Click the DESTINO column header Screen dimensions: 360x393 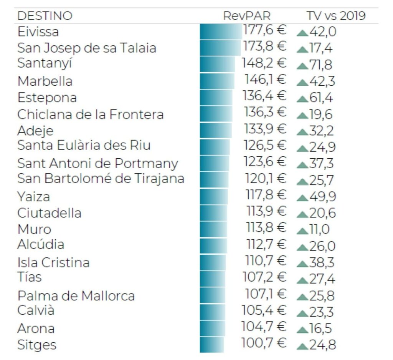click(45, 16)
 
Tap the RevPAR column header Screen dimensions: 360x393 click(247, 16)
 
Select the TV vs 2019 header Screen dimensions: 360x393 click(336, 16)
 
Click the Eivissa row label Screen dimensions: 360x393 click(38, 32)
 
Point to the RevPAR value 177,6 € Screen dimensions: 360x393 click(265, 30)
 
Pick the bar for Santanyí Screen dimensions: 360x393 click(217, 64)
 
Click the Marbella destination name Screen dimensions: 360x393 click(45, 81)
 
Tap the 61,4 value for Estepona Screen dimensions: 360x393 click(321, 98)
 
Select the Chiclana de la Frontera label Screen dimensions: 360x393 click(91, 114)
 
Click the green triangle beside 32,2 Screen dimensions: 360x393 click(302, 132)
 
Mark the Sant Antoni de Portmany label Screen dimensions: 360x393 click(97, 163)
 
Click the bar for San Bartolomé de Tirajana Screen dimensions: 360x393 click(214, 179)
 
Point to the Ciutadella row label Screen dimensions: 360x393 click(49, 212)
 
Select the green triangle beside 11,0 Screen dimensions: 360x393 click(302, 231)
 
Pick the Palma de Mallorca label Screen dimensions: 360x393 click(76, 296)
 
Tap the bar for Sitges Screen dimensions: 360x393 click(212, 344)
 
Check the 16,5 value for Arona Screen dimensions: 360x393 click(320, 329)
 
